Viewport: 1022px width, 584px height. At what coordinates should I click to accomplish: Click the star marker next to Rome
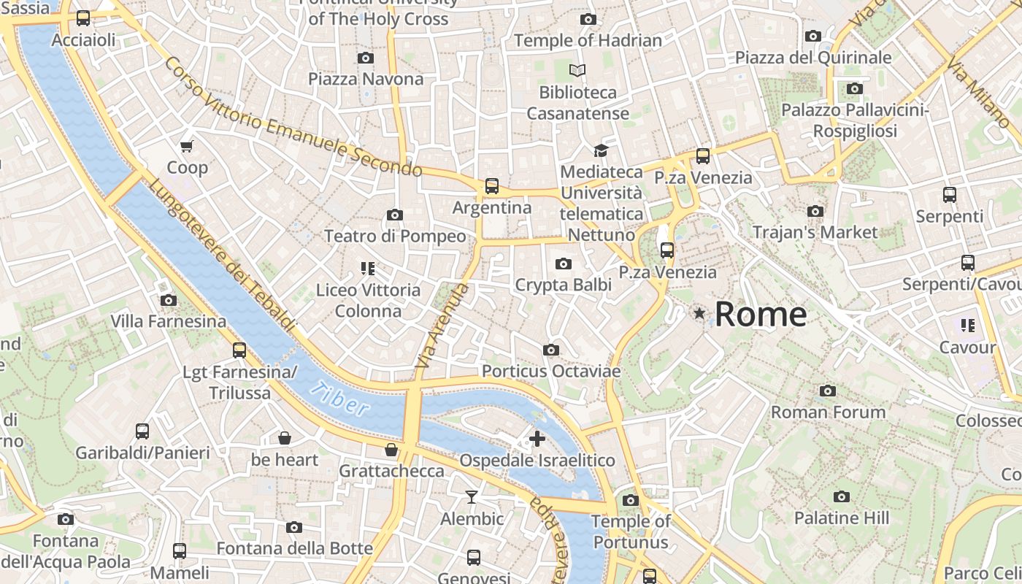pos(699,314)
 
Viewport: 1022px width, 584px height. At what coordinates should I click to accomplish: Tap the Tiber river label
pos(340,399)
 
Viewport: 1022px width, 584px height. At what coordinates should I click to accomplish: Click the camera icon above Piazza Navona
pos(366,58)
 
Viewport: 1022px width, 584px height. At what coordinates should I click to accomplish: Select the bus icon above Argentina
pos(492,186)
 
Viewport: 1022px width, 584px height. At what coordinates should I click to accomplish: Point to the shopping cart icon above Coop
pos(187,146)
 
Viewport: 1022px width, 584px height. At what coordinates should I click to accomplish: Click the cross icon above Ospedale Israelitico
pos(537,439)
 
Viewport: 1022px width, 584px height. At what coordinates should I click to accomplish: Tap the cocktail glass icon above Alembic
pos(472,497)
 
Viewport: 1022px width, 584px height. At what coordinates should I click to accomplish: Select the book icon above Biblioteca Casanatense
pos(577,71)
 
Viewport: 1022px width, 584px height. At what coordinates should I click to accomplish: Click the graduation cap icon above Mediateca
pos(601,150)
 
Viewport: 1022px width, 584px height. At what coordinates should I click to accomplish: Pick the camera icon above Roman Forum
pos(827,391)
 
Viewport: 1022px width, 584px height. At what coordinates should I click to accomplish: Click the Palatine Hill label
pos(842,518)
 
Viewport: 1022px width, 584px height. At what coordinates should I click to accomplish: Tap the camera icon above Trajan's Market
pos(815,211)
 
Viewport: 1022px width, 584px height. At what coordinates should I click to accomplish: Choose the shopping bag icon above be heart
pos(285,438)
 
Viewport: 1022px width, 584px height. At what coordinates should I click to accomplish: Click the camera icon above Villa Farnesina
pos(169,300)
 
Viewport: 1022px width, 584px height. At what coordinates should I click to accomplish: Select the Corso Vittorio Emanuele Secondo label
pos(293,118)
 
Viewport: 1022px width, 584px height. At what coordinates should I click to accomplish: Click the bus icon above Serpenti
pos(949,195)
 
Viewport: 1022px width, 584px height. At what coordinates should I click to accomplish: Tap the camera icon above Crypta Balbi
pos(564,264)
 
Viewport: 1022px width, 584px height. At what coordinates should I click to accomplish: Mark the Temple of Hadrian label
pos(588,41)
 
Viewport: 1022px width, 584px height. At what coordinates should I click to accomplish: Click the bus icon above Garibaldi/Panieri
pos(142,431)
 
